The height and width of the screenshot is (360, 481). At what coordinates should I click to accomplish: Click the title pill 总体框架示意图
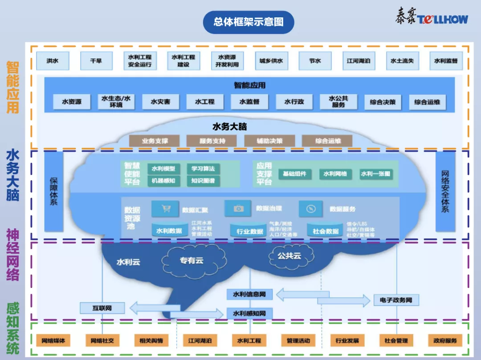248,22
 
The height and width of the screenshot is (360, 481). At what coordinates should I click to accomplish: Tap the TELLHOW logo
432,18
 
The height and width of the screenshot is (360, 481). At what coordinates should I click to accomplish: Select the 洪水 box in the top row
53,61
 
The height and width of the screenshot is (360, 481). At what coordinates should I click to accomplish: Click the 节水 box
315,61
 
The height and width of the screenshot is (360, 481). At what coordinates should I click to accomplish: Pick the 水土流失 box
402,61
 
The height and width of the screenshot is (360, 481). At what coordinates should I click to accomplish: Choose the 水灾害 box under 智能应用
160,102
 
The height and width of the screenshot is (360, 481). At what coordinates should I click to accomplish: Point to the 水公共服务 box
338,102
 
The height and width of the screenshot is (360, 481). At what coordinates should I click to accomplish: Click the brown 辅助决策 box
269,141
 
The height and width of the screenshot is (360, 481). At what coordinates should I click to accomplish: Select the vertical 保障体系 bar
54,191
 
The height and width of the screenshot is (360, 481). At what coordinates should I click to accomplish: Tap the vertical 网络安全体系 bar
445,191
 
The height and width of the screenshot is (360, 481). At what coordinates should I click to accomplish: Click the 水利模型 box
164,169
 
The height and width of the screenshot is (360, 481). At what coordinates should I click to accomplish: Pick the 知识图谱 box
203,181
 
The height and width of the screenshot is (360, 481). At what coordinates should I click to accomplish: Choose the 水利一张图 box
375,174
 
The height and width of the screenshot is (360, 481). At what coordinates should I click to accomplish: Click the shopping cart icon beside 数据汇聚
166,209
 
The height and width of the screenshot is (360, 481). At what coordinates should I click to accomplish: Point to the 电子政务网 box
396,300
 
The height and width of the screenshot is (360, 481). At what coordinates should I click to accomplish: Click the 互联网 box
102,307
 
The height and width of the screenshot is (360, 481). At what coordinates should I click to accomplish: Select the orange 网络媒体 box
53,341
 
